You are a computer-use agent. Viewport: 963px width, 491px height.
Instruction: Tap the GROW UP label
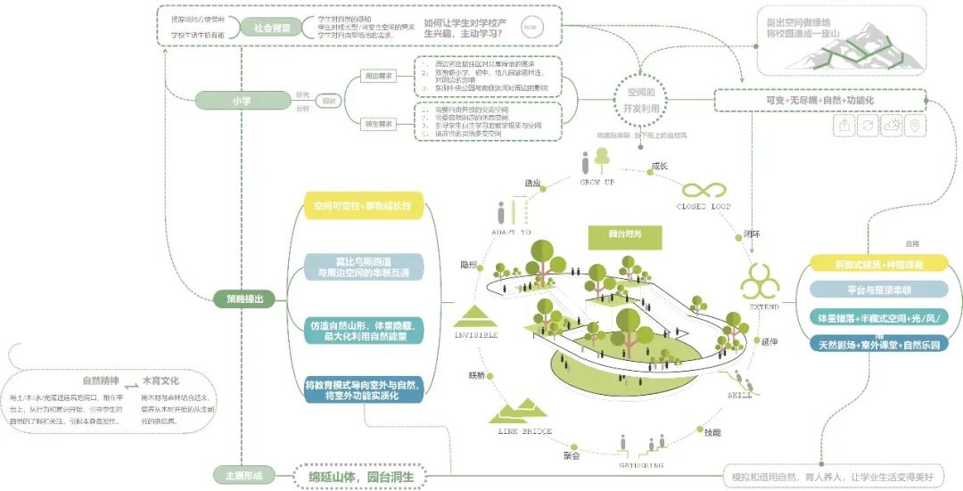597,182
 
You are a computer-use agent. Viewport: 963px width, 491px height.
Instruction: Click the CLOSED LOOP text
705,207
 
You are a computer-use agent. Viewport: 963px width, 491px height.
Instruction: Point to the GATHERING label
642,464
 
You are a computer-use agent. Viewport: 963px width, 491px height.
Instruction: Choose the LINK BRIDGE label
524,431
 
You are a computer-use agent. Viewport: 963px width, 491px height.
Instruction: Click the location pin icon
913,126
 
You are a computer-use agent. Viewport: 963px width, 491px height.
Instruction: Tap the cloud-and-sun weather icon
890,126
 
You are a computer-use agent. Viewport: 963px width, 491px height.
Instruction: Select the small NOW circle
529,28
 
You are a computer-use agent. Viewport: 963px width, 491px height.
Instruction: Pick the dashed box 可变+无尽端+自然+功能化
819,101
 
